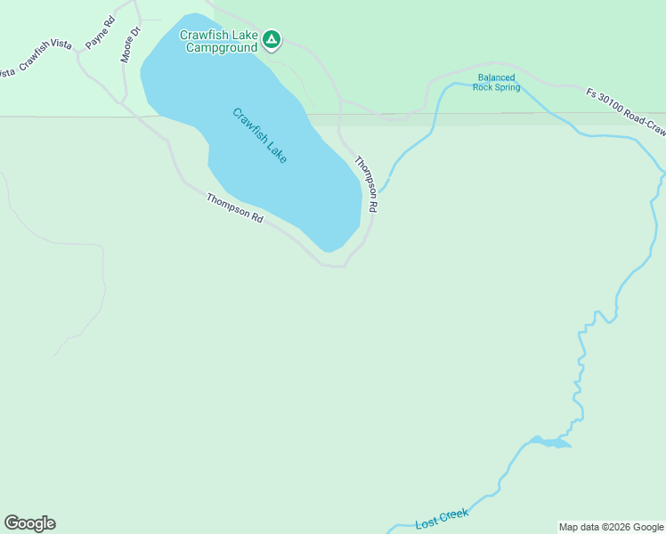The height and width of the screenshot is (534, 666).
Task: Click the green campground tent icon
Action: (272, 39)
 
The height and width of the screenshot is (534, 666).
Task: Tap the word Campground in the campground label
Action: (221, 47)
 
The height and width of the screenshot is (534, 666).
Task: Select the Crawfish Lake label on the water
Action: (260, 135)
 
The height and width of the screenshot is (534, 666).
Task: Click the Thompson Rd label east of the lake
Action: (367, 184)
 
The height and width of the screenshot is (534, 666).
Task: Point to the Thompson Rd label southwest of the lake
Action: (234, 208)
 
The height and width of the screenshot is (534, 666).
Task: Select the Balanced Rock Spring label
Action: (497, 83)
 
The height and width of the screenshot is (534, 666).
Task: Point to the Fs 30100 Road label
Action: (624, 109)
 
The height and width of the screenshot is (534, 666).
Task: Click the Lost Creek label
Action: (441, 519)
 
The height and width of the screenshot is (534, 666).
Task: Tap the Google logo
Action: (29, 523)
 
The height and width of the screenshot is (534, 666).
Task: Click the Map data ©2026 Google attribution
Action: (611, 527)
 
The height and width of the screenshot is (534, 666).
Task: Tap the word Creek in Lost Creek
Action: (452, 515)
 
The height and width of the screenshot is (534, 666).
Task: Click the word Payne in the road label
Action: (96, 39)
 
